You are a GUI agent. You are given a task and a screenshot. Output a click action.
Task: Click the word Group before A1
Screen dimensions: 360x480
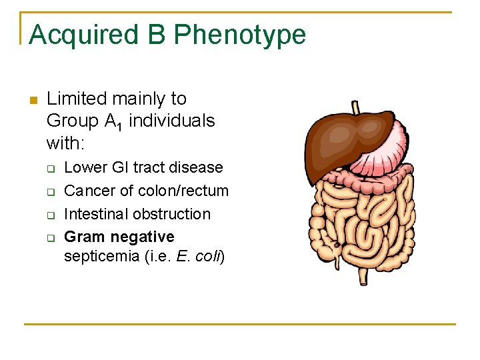[x=71, y=121]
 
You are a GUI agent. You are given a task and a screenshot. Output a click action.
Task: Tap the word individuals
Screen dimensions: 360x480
[x=172, y=121]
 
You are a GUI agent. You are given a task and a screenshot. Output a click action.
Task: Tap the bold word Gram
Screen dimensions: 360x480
[x=85, y=237]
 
